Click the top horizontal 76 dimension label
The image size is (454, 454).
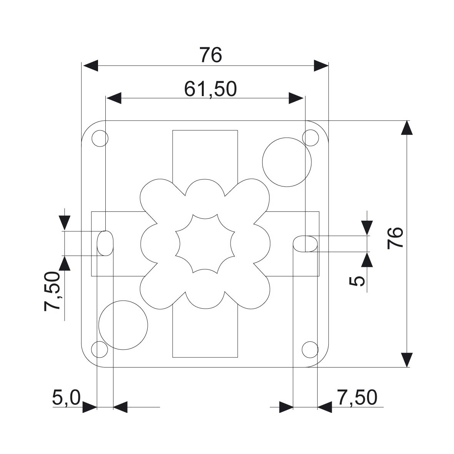tap(211, 55)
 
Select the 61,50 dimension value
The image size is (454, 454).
tap(211, 89)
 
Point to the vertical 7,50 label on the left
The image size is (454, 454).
tap(52, 291)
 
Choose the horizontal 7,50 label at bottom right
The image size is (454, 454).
tap(357, 397)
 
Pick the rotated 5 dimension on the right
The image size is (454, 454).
tap(357, 281)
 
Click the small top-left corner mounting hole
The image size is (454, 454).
tap(100, 138)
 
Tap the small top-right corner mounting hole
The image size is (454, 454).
tap(310, 138)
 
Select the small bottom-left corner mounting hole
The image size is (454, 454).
tap(100, 349)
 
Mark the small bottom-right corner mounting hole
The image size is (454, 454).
tap(310, 349)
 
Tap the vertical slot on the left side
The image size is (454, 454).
tap(105, 243)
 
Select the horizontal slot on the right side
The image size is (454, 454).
tap(306, 244)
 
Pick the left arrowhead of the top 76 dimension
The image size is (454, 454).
tap(90, 66)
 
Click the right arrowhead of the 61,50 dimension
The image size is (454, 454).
tap(296, 98)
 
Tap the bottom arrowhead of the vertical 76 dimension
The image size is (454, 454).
tap(407, 360)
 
